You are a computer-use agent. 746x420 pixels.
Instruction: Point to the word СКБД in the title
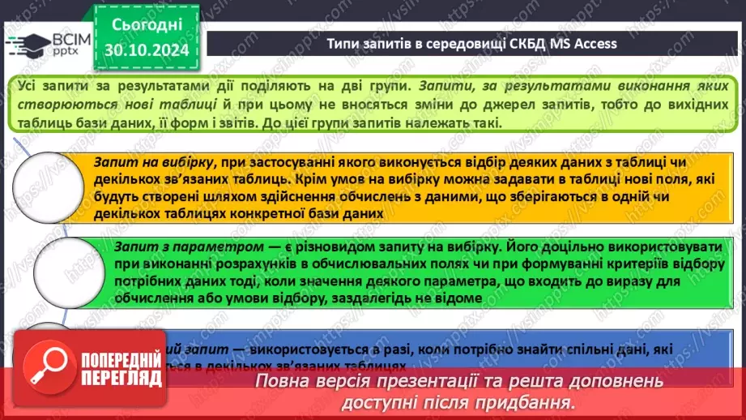pos(531,43)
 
